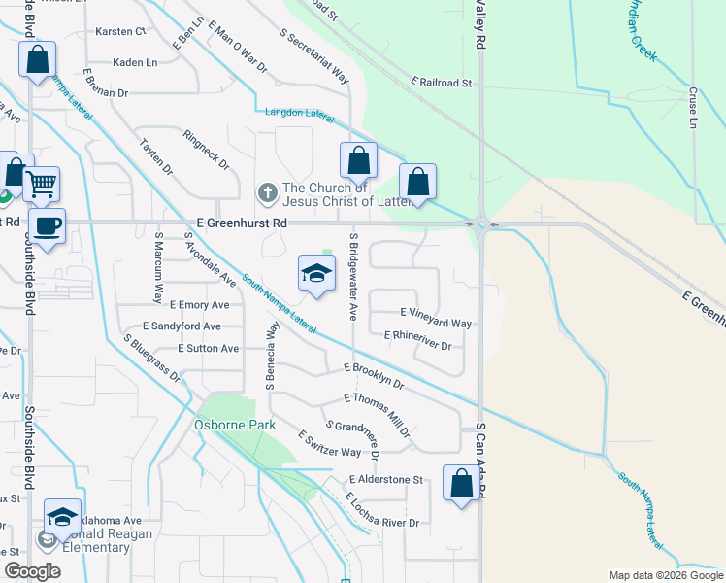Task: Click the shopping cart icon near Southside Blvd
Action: (41, 184)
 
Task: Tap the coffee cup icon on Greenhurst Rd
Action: (47, 225)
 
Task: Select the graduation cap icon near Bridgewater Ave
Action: (315, 274)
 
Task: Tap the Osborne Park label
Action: (235, 425)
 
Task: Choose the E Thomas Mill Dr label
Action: (377, 408)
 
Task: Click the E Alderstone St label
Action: (386, 479)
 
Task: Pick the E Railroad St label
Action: (441, 84)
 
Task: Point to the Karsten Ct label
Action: (119, 31)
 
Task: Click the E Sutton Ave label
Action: (208, 348)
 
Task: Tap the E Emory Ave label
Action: (198, 305)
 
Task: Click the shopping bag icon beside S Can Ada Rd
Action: (461, 483)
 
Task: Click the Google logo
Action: (32, 572)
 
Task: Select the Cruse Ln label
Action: (694, 109)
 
